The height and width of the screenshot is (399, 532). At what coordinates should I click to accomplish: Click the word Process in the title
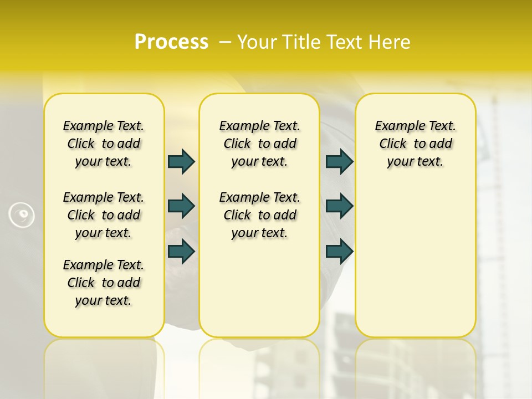pyautogui.click(x=171, y=42)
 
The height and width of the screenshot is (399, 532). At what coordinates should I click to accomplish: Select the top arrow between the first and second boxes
pyautogui.click(x=181, y=161)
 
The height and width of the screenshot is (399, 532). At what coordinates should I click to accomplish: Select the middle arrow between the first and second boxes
pyautogui.click(x=181, y=206)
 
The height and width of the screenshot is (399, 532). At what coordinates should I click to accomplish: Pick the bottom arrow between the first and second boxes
pyautogui.click(x=181, y=251)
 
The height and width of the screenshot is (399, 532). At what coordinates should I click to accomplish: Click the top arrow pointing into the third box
pyautogui.click(x=339, y=161)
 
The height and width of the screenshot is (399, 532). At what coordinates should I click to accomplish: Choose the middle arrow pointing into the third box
pyautogui.click(x=339, y=206)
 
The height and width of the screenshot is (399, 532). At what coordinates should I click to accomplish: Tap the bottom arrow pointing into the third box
pyautogui.click(x=339, y=251)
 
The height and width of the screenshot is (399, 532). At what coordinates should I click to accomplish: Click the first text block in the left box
pyautogui.click(x=104, y=144)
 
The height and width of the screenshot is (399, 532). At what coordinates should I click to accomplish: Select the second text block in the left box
pyautogui.click(x=104, y=215)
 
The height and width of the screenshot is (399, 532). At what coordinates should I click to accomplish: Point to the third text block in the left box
pyautogui.click(x=104, y=283)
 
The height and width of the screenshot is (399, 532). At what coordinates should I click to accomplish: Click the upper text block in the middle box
pyautogui.click(x=260, y=144)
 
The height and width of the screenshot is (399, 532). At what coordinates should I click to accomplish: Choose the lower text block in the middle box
pyautogui.click(x=260, y=215)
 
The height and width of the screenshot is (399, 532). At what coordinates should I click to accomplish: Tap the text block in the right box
pyautogui.click(x=416, y=144)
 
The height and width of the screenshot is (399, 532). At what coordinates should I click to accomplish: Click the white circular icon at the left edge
pyautogui.click(x=22, y=215)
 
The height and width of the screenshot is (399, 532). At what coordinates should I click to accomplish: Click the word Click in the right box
pyautogui.click(x=393, y=144)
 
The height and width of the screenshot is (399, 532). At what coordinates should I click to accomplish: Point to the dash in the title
pyautogui.click(x=225, y=42)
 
